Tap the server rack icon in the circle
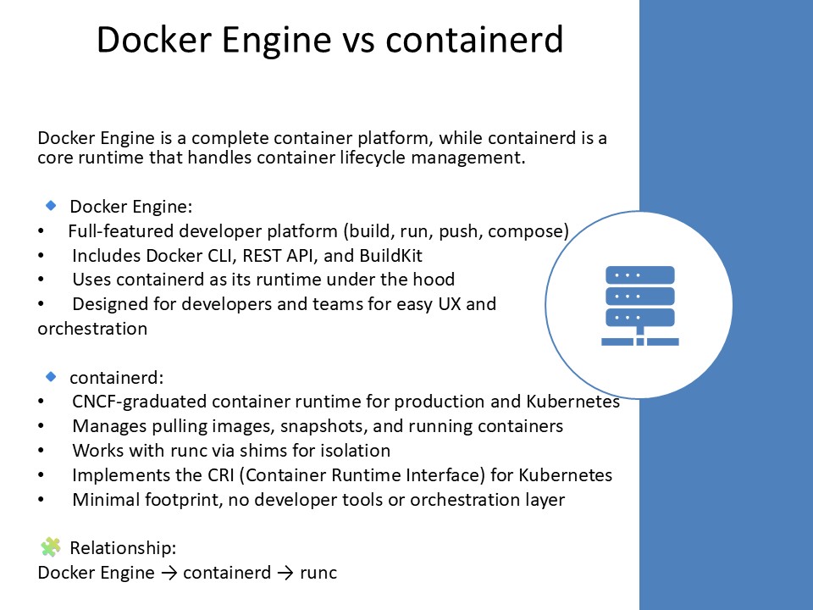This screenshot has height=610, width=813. pos(639,306)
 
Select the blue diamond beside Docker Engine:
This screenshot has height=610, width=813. pos(51,206)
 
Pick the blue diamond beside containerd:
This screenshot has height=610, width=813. pos(51,376)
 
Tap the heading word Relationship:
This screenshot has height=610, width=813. pos(123,547)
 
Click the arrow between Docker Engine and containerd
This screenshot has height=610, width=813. pos(169,574)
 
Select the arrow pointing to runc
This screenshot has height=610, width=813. pos(285,574)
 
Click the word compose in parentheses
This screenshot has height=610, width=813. pos(534,230)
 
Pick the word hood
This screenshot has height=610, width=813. pos(435,280)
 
